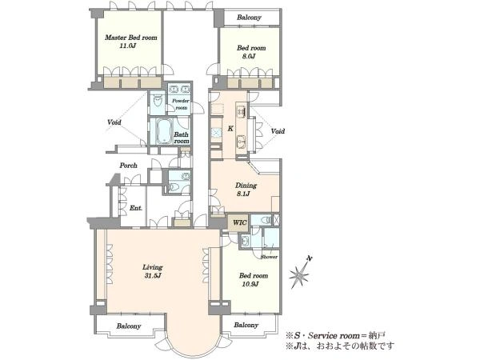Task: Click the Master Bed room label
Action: click(x=130, y=38)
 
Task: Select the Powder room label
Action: click(x=181, y=104)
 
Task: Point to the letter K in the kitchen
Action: click(x=230, y=129)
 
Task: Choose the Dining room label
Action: click(x=246, y=186)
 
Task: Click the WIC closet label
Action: click(x=239, y=222)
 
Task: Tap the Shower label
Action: click(x=269, y=257)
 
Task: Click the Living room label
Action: click(x=152, y=267)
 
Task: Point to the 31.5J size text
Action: click(x=153, y=275)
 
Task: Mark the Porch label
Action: click(x=128, y=166)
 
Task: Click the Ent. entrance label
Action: click(x=136, y=208)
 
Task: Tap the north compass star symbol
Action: click(x=299, y=273)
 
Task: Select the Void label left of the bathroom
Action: click(x=114, y=122)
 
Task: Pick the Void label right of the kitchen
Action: click(x=278, y=131)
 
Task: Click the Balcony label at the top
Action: click(x=249, y=18)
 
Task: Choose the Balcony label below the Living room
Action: click(x=129, y=326)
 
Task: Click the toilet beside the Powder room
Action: click(x=158, y=100)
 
